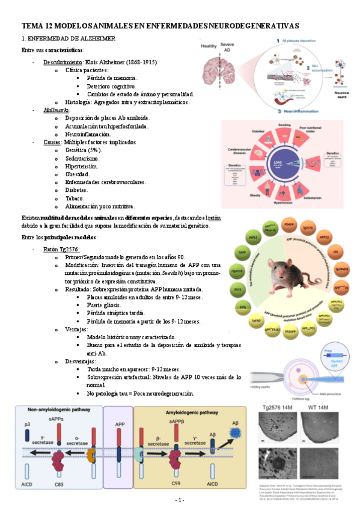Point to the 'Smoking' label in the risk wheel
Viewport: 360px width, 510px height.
[x=284, y=124]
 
